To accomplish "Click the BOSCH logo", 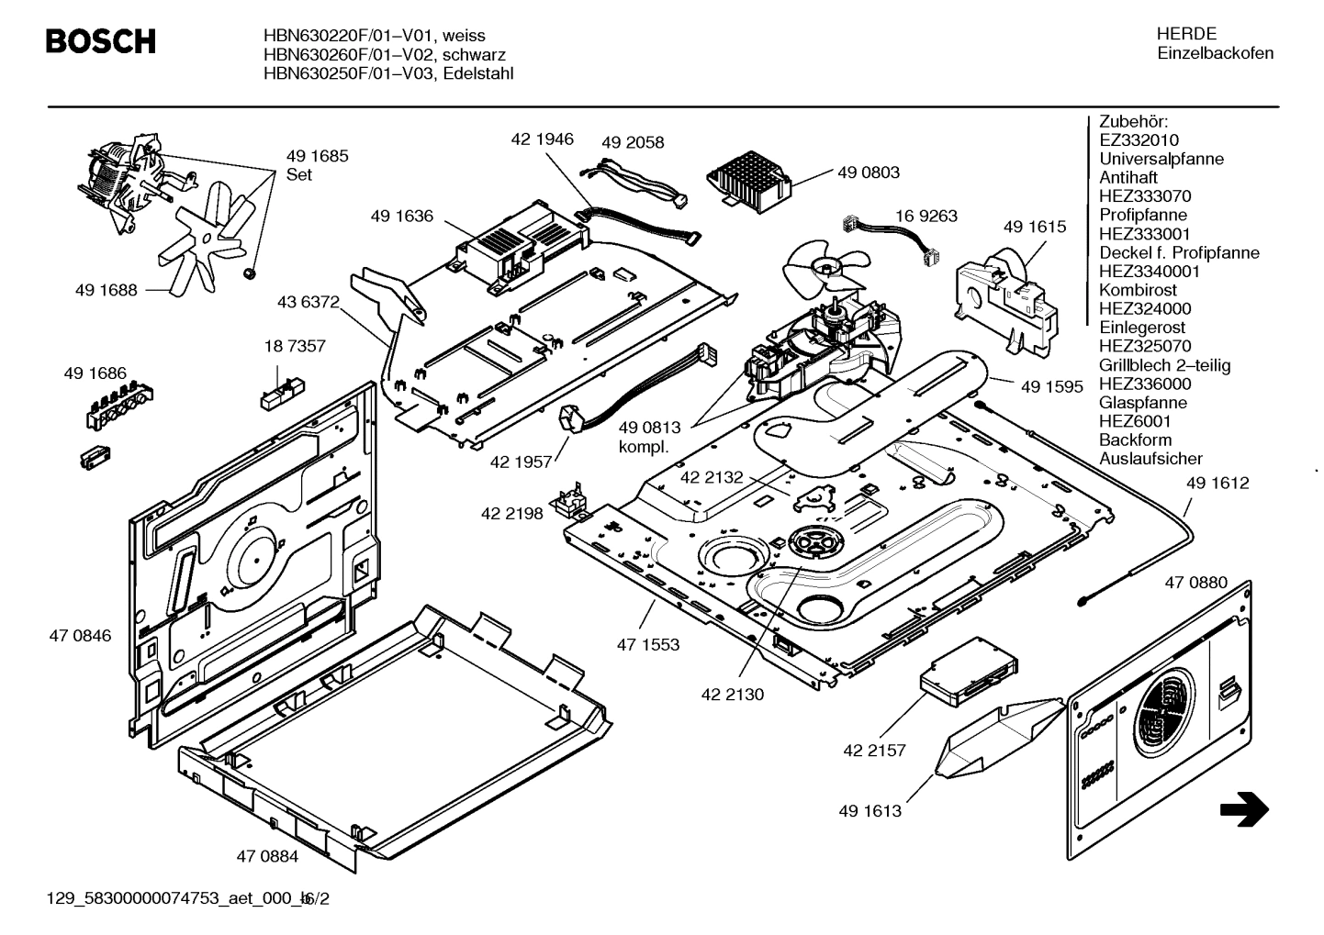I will [101, 42].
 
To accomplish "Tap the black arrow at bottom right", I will [1244, 809].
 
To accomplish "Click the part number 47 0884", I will [267, 857].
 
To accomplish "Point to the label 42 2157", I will [874, 751].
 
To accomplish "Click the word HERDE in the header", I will [1186, 34].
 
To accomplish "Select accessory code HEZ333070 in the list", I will [1145, 196].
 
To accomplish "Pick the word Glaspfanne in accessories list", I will [1142, 403].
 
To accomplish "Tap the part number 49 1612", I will [1217, 484].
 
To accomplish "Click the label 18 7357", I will [295, 347].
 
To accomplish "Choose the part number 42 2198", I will [511, 514].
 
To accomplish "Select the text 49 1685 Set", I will [317, 165].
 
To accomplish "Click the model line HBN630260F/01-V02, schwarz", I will [384, 55].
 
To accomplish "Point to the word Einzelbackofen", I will [1215, 53].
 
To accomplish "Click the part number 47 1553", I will [648, 645].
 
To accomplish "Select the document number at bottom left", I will [187, 898].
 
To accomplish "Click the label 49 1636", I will [401, 217].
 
